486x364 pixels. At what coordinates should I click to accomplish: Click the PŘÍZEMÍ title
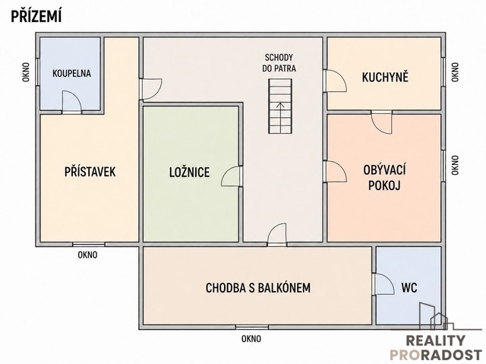coord(36,16)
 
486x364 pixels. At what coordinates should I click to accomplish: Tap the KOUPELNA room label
coord(71,74)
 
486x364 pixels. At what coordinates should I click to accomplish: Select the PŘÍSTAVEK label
coord(90,172)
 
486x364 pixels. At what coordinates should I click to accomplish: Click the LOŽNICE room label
coord(189,172)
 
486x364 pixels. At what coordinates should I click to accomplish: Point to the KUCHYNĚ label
coord(385,77)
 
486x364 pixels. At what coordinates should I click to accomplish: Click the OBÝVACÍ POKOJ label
coord(384,177)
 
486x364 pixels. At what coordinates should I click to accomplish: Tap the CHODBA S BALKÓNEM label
coord(258,288)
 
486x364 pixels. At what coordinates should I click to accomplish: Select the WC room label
coord(409,288)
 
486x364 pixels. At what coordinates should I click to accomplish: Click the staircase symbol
coord(280,106)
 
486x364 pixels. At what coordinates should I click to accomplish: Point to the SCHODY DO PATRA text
coord(279,63)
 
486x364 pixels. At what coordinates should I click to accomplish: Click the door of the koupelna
coord(72,101)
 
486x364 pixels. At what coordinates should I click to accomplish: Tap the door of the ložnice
coord(232,176)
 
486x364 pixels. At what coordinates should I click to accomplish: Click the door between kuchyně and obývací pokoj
coord(382,122)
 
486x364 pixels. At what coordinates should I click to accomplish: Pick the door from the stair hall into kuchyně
coord(335,81)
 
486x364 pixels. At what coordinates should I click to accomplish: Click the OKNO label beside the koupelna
coord(26,72)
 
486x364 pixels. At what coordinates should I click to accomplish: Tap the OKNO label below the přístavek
coord(87,255)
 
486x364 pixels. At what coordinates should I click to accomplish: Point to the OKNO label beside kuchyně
coord(455,72)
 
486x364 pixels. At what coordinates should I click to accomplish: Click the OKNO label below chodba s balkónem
coord(251,339)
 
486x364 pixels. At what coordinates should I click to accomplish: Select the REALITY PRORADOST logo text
coord(435,347)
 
